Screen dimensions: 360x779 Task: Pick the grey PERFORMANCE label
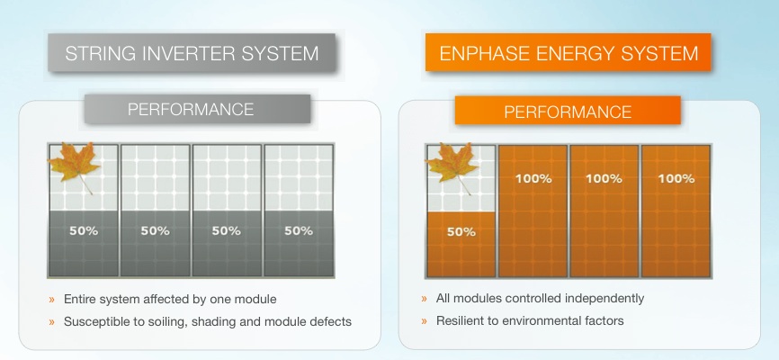(190, 110)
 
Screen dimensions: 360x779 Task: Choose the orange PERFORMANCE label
(567, 112)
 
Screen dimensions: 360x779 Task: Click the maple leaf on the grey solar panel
(75, 166)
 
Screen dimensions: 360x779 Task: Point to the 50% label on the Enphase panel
(461, 231)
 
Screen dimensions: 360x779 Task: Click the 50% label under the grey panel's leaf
(84, 230)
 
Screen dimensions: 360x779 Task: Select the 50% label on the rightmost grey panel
(298, 230)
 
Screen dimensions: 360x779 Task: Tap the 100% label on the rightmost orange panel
(676, 178)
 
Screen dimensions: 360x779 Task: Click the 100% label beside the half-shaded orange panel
(532, 178)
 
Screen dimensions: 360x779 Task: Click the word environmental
(547, 320)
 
